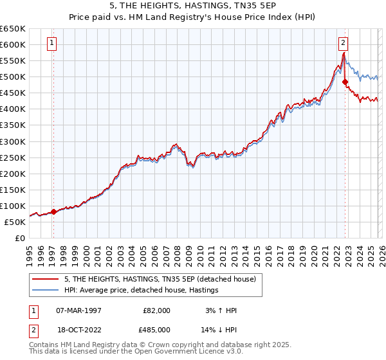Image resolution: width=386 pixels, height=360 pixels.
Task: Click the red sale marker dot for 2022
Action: tap(345, 82)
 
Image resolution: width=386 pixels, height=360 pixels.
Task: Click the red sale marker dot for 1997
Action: tap(53, 212)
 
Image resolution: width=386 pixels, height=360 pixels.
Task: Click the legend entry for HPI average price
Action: tap(141, 291)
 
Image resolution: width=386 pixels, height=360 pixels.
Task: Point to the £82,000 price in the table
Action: tap(157, 310)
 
